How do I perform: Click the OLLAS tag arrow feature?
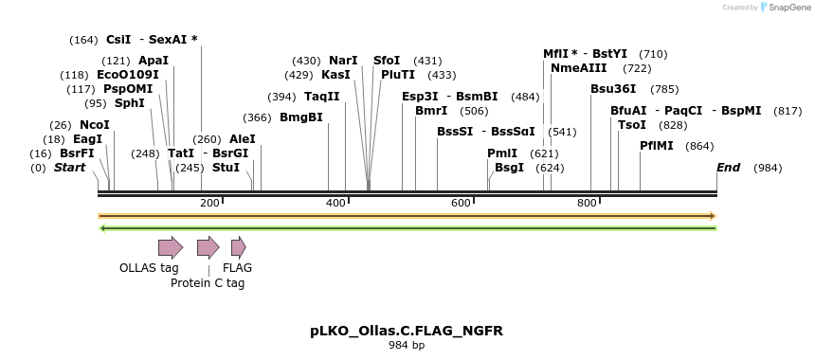(170, 248)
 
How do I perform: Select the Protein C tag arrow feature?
(208, 248)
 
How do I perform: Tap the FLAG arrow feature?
(238, 248)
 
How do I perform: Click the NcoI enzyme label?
(95, 125)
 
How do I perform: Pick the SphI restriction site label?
(130, 103)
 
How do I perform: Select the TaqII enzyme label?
(322, 97)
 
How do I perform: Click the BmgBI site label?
(301, 118)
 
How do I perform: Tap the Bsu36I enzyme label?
(613, 89)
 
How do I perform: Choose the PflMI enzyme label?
(657, 146)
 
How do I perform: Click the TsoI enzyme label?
(632, 125)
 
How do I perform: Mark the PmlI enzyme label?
(502, 153)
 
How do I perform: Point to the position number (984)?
(768, 169)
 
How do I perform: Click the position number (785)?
(664, 90)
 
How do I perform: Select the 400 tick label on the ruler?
(336, 204)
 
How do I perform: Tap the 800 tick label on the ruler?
(587, 204)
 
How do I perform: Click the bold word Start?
(69, 168)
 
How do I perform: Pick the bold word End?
(729, 168)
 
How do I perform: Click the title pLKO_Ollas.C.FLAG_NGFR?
(407, 331)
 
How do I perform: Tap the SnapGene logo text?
(787, 8)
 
